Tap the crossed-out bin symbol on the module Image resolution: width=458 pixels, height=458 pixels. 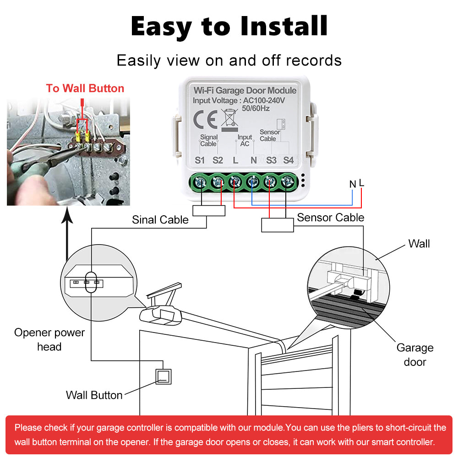click(x=229, y=117)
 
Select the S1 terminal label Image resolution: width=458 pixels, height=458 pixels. click(x=200, y=160)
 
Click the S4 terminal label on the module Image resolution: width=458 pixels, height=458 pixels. click(x=288, y=160)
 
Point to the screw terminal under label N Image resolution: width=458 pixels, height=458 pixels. click(x=252, y=182)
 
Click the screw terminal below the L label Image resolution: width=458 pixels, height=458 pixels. click(x=235, y=182)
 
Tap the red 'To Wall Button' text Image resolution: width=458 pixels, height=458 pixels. click(x=85, y=88)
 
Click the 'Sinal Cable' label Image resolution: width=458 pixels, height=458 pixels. click(x=160, y=220)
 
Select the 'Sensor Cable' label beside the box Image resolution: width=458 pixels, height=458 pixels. click(x=330, y=218)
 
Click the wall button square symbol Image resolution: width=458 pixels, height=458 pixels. click(x=164, y=376)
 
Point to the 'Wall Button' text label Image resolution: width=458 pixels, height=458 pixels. click(x=94, y=395)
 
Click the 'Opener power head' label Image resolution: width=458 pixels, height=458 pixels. click(x=49, y=339)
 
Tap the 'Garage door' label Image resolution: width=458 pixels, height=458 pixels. click(x=414, y=354)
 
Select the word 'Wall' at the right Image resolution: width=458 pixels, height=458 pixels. click(x=419, y=244)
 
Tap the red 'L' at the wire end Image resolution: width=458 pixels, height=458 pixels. click(x=361, y=183)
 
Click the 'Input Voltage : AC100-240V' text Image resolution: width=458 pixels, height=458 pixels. click(x=239, y=100)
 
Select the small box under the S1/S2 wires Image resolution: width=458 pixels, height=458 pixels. click(x=209, y=210)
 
